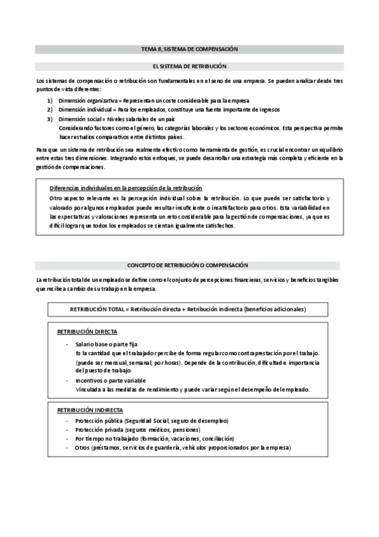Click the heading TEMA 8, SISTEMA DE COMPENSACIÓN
tap(189, 49)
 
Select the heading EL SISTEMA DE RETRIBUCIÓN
tap(189, 66)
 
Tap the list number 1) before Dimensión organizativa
tap(50, 101)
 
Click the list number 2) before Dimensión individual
tap(50, 110)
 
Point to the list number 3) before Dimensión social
tap(50, 119)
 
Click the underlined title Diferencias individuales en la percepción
tap(126, 188)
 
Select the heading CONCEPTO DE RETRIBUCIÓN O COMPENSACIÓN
tap(189, 265)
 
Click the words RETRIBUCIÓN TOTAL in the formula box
tap(97, 309)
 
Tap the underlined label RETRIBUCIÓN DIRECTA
tap(87, 332)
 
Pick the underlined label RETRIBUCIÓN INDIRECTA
tap(90, 410)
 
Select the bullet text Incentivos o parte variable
tap(111, 380)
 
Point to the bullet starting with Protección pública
tap(152, 421)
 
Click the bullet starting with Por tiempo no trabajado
tap(154, 439)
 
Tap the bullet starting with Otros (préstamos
tap(182, 448)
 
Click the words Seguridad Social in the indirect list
tap(148, 421)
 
